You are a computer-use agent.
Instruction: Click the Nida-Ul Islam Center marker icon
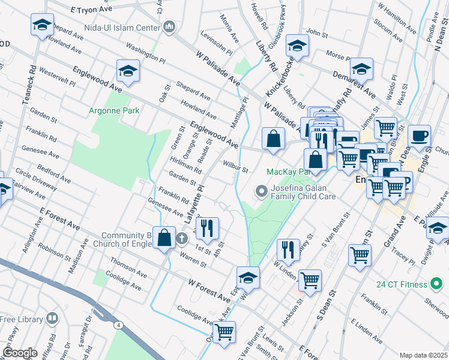tap(169, 27)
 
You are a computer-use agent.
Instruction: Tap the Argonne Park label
tap(114, 110)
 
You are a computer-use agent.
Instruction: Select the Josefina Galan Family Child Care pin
tap(261, 191)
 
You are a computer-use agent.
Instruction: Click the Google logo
tap(19, 353)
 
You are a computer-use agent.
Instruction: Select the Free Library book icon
tap(52, 317)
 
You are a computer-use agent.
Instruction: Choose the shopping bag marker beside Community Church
tap(164, 238)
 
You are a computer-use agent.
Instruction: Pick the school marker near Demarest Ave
tap(361, 69)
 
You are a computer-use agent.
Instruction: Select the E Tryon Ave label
tap(92, 10)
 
